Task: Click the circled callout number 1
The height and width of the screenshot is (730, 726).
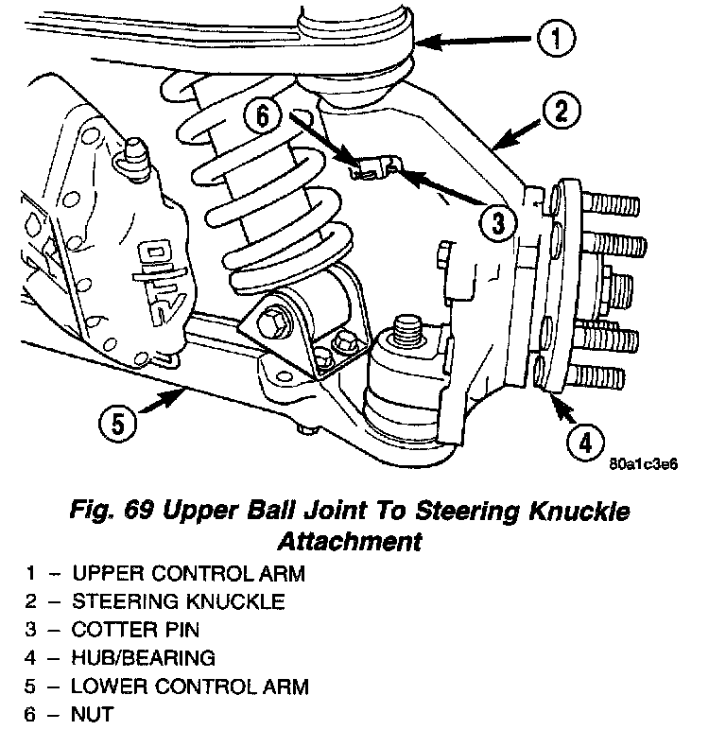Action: tap(556, 39)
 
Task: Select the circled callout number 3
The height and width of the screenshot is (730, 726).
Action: tap(498, 223)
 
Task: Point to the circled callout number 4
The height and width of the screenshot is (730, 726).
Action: tap(585, 441)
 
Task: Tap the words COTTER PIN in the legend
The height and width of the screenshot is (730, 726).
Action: tap(136, 629)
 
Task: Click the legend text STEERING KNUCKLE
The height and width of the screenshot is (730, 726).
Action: tap(178, 600)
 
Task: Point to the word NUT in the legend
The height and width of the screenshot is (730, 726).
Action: tap(93, 714)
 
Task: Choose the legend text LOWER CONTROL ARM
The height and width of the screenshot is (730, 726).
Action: tap(190, 686)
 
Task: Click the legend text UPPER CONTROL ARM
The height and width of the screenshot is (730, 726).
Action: tap(189, 572)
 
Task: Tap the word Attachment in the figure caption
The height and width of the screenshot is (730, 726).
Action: tap(349, 542)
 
